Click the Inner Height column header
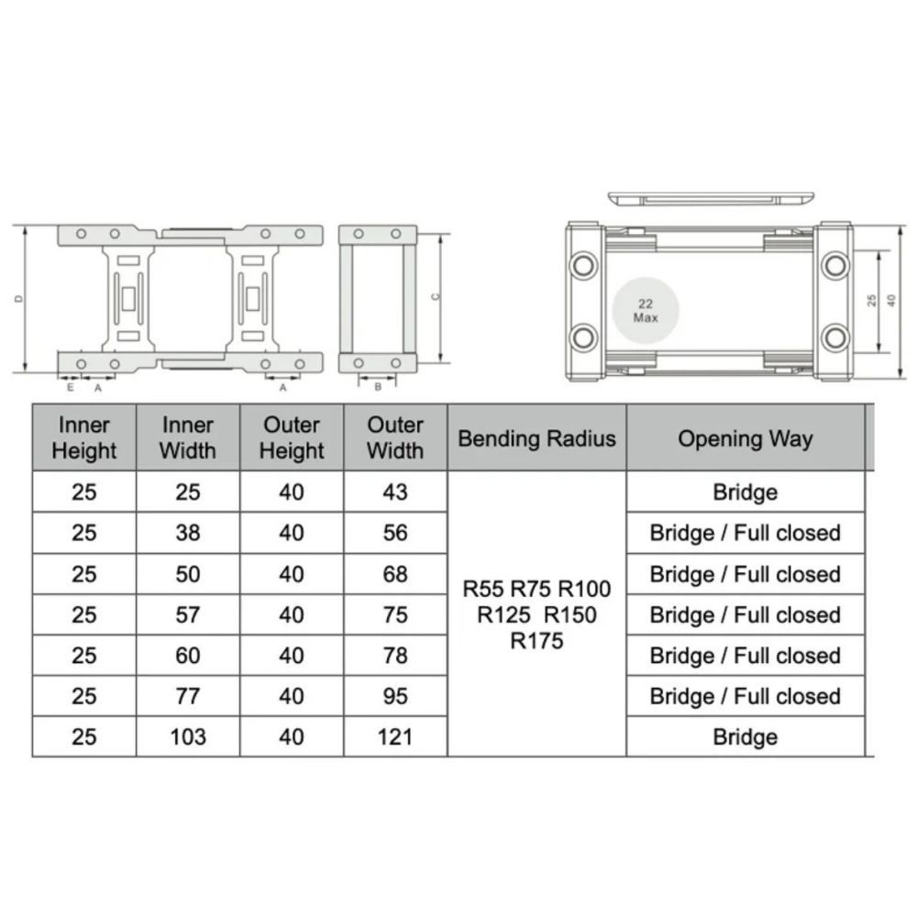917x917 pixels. tap(83, 437)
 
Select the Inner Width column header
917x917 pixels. tap(187, 437)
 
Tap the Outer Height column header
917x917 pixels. tap(292, 437)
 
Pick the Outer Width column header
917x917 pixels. tap(395, 437)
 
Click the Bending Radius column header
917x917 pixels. tap(536, 438)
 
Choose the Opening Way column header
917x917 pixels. tap(745, 438)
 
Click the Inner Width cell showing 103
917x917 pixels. tap(187, 737)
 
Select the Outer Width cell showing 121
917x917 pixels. tap(395, 737)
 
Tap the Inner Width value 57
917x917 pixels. tap(187, 614)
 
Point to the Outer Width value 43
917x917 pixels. tap(395, 492)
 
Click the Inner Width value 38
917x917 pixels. tap(187, 533)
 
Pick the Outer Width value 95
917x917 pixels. tap(395, 697)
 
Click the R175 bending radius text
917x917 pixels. tap(536, 641)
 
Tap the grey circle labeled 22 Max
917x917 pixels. tap(645, 310)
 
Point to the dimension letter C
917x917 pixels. tap(436, 296)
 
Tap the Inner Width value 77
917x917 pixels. tap(187, 697)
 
